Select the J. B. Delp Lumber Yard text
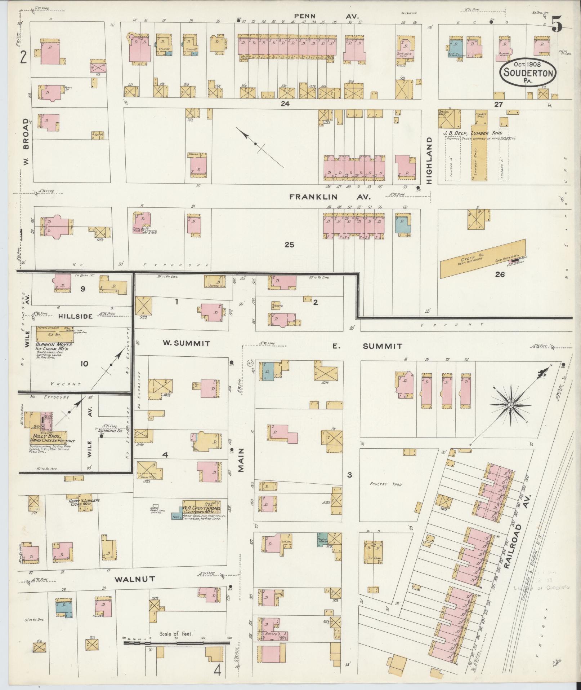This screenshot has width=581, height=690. point(472,133)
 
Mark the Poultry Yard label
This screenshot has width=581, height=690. point(386,484)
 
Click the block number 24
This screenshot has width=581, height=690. point(286,104)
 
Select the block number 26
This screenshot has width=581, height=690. point(500,274)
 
